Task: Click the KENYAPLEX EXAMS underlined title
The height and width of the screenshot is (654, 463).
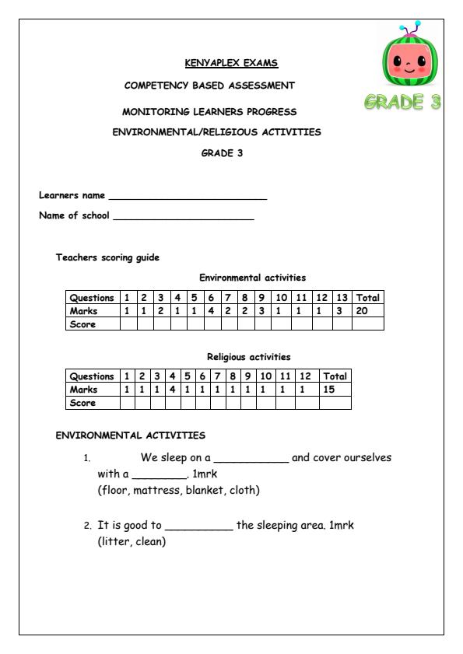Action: (230, 63)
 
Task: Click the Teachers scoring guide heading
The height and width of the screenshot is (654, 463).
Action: (107, 258)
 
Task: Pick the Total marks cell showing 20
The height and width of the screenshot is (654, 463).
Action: (367, 311)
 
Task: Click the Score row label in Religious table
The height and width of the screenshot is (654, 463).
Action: (83, 403)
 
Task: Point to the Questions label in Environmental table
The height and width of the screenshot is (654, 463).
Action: (92, 298)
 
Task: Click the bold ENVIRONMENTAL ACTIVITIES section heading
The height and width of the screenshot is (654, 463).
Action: (130, 435)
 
